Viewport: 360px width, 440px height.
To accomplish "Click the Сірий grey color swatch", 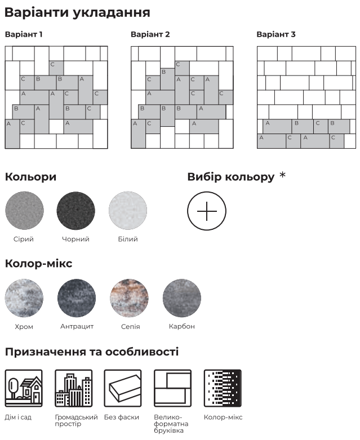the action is [24, 211].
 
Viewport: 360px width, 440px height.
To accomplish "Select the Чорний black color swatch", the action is [75, 211].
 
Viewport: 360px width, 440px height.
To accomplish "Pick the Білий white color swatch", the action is [128, 211].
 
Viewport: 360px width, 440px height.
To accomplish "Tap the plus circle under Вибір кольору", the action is [207, 211].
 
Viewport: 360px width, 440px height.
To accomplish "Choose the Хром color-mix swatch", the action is [24, 298].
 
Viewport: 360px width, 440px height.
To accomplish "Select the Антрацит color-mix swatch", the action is [77, 298].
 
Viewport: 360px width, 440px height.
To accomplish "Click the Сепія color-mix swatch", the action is [130, 298].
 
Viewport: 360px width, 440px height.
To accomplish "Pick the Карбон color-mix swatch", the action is [182, 298].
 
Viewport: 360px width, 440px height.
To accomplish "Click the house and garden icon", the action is [24, 388].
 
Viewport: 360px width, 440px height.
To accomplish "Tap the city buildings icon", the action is [73, 388].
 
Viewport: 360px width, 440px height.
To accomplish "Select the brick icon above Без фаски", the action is [123, 388].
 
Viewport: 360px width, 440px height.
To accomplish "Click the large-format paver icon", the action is [172, 388].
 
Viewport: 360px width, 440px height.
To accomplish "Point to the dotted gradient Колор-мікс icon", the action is [223, 388].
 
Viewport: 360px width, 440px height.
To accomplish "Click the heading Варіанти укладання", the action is [77, 12].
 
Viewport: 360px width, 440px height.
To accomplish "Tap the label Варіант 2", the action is [150, 34].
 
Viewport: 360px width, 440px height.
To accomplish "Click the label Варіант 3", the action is [276, 34].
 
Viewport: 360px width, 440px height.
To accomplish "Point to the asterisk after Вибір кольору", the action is [283, 175].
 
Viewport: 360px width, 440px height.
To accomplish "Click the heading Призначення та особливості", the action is [92, 352].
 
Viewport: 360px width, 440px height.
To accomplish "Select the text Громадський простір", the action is [76, 421].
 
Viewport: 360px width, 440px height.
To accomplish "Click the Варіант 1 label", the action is [24, 34].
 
